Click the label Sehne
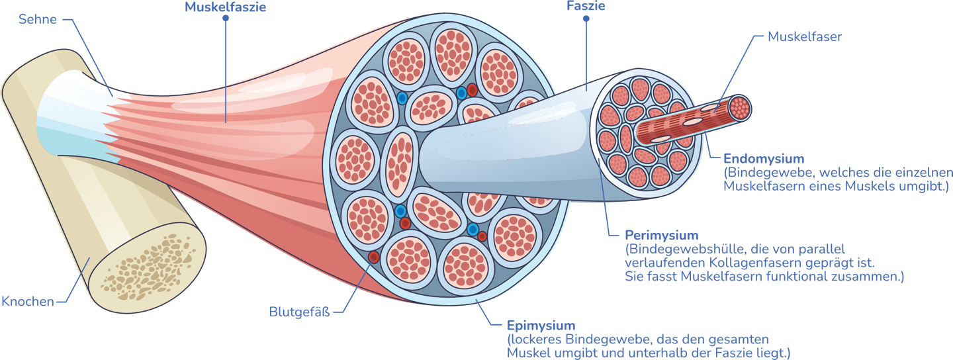click(x=37, y=20)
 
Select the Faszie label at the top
click(x=586, y=6)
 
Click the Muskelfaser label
click(x=805, y=37)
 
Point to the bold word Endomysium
click(x=764, y=159)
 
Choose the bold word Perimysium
click(x=662, y=236)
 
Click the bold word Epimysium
click(x=541, y=326)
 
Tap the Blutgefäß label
click(x=298, y=311)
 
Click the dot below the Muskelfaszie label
click(x=226, y=19)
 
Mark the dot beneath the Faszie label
click(x=586, y=19)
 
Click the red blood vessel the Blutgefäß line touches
click(x=373, y=257)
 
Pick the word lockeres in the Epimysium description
click(x=536, y=339)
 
